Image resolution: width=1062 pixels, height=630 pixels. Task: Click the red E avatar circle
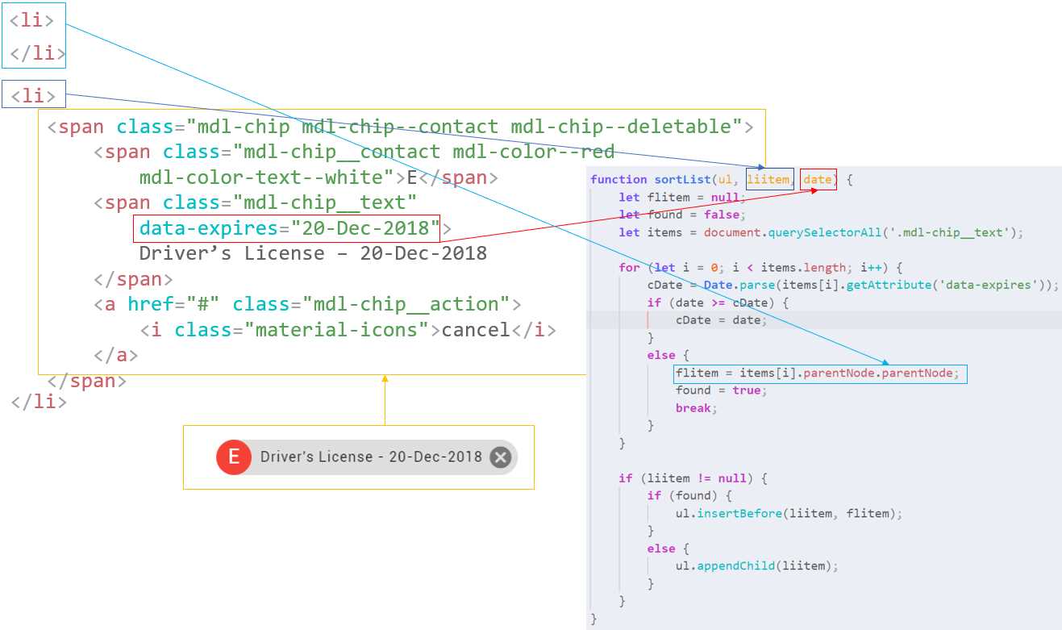pos(234,457)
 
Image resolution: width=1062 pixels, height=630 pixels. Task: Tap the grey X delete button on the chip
pos(501,457)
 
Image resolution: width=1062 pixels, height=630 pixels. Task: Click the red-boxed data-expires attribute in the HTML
pos(286,228)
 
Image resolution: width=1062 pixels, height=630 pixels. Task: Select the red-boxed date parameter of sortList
pos(818,179)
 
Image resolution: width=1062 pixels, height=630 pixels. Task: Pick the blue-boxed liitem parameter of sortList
pos(768,179)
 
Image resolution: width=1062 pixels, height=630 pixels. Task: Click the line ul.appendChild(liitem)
pos(756,565)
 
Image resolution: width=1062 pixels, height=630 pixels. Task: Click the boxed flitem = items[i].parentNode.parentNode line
pos(818,373)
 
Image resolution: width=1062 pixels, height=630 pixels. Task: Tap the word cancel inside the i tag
pos(476,330)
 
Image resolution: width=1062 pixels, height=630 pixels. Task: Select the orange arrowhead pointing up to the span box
pos(385,378)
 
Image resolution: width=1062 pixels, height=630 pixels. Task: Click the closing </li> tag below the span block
pos(39,401)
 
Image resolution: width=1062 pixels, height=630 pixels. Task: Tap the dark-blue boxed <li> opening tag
pos(33,95)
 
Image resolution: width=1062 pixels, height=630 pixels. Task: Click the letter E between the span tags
pos(411,177)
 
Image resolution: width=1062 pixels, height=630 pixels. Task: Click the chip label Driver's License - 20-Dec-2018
pos(371,457)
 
